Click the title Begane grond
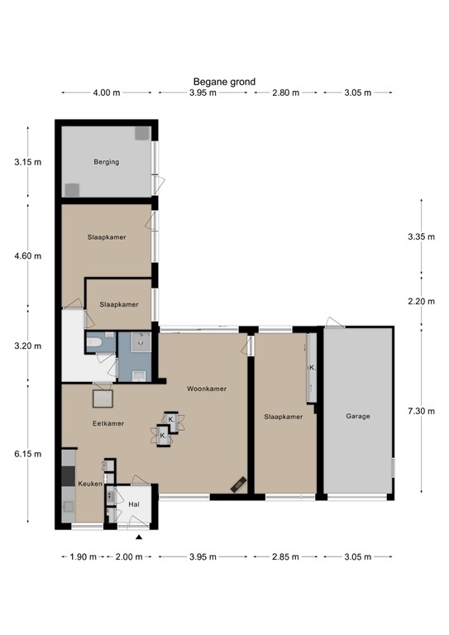click(224, 82)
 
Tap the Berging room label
click(107, 162)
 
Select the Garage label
click(358, 416)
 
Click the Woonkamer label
click(207, 389)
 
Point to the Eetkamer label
click(108, 423)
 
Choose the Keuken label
click(90, 484)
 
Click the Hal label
click(134, 504)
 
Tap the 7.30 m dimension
click(422, 411)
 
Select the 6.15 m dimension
click(27, 454)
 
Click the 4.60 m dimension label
click(27, 256)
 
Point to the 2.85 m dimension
click(285, 556)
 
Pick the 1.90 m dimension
click(83, 556)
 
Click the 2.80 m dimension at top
click(285, 93)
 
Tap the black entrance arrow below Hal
click(139, 537)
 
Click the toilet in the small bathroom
click(95, 342)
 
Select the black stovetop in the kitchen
click(68, 476)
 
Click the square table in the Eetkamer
click(103, 399)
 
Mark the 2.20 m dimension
click(422, 301)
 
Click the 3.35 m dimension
click(422, 236)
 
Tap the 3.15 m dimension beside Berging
click(27, 162)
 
